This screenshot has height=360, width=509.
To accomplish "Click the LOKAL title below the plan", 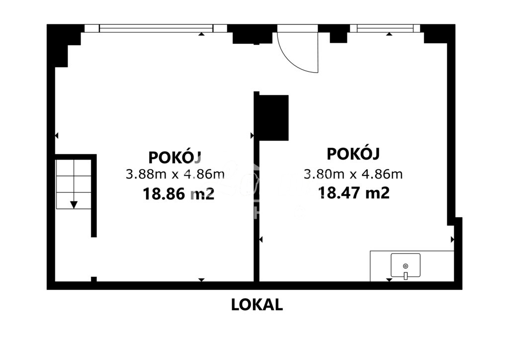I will (x=257, y=304).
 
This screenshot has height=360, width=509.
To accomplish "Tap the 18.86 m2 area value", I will (x=178, y=193).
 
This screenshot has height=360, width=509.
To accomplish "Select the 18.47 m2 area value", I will (x=353, y=192).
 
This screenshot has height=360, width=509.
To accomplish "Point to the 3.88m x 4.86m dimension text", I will (x=175, y=175).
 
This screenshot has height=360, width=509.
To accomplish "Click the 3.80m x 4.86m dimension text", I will (x=353, y=174).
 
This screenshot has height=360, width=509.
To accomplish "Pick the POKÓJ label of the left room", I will (x=175, y=157).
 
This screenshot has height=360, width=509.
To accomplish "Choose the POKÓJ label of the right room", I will (x=353, y=154).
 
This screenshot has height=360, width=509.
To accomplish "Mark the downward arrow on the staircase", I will (x=74, y=204).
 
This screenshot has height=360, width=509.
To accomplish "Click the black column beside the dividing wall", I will (x=272, y=117).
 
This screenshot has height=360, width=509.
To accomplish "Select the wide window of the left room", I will (x=156, y=28).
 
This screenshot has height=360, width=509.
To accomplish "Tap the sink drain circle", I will (x=405, y=266).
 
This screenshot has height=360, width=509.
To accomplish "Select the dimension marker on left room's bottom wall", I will (x=201, y=280).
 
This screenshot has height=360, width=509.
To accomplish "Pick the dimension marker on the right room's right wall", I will (x=452, y=240).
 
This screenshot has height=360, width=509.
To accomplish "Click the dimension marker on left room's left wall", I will (x=57, y=135).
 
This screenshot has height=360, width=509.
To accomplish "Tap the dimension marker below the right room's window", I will (x=389, y=34).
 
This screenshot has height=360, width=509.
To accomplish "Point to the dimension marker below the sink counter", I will (x=389, y=280).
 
